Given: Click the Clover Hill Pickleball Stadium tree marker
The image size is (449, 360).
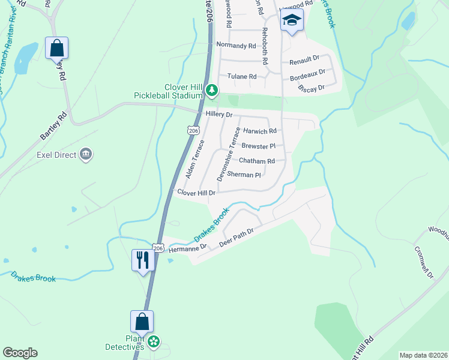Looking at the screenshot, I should point(211,91).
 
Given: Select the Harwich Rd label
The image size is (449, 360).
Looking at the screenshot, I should point(259,131).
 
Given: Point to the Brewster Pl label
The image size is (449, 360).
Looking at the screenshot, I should point(258,146).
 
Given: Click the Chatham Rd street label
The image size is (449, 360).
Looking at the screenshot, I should point(257,161).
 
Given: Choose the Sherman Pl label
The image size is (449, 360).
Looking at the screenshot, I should point(244,175).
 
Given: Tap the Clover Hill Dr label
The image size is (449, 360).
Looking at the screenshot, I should point(196,192).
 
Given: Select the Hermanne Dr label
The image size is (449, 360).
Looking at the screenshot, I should point(188,247).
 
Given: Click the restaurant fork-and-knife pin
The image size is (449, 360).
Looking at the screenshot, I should point(143,260).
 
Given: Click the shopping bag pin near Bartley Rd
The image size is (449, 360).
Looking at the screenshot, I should point(56,48).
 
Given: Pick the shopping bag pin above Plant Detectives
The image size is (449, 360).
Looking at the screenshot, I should point(142,322).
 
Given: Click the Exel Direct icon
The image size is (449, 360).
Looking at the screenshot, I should point(86,155).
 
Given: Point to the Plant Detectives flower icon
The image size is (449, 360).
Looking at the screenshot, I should point(154,341).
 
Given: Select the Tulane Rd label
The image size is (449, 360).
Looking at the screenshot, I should point(242,76).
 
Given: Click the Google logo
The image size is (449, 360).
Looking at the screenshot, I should point(20,352).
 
